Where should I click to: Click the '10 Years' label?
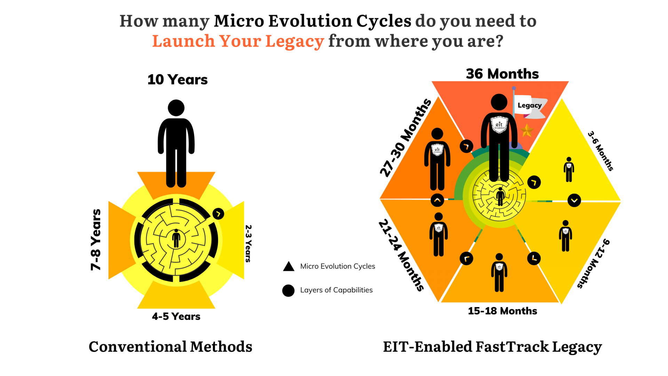point(177,80)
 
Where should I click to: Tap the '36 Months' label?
point(502,74)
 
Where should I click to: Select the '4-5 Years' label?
point(176,316)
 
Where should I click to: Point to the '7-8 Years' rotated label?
point(96,240)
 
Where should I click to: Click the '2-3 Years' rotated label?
point(248,243)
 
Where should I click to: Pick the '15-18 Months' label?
point(502,311)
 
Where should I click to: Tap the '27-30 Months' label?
point(406,138)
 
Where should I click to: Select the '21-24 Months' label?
point(401,255)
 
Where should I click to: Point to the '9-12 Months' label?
point(594,264)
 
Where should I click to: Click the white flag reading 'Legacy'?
point(529,105)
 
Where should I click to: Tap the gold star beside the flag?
point(527,131)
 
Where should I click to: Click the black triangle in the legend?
point(288,267)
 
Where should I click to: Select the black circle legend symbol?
point(288,290)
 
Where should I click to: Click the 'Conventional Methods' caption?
point(170,347)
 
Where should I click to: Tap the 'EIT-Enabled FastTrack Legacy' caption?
point(492,347)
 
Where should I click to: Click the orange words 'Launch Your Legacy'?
point(238,41)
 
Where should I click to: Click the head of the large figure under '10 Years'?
point(176,108)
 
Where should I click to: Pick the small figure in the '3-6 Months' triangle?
point(569,170)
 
